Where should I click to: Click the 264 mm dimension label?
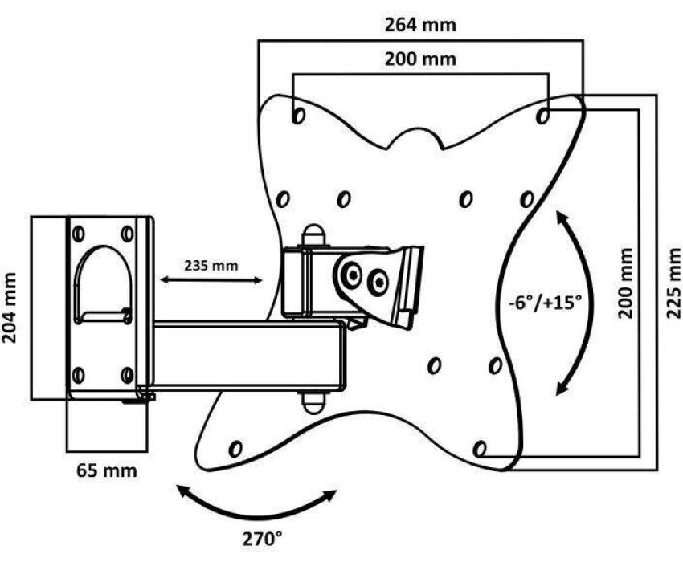tap(420, 25)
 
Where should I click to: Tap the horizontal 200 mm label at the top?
tap(420, 59)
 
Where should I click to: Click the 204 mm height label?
tap(9, 307)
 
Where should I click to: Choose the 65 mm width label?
tap(107, 470)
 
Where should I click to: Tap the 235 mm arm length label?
tap(211, 266)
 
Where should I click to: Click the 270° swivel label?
tap(262, 540)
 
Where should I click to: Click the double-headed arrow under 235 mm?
tap(211, 280)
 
